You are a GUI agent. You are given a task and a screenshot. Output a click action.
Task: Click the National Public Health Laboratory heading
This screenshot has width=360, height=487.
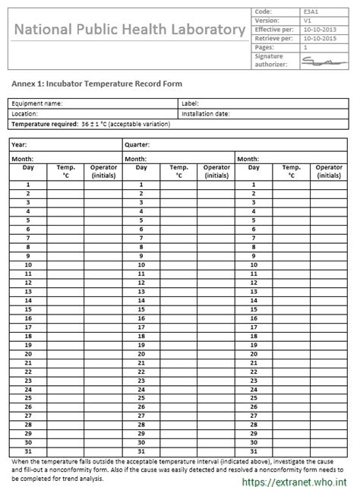(x=128, y=30)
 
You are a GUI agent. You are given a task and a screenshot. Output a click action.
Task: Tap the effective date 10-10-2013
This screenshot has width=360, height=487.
(x=320, y=29)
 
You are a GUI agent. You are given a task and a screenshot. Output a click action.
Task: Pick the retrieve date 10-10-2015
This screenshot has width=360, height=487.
(x=320, y=38)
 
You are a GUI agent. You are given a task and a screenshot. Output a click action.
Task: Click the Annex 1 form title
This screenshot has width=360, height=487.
(x=97, y=84)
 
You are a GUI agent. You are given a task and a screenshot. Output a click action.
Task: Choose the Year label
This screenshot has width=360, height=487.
(x=21, y=143)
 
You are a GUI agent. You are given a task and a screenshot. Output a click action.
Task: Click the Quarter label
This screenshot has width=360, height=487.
(x=137, y=143)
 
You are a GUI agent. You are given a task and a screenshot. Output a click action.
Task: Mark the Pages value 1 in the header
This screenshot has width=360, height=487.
(x=305, y=47)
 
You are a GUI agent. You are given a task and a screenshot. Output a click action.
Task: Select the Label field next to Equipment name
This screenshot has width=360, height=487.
(x=190, y=103)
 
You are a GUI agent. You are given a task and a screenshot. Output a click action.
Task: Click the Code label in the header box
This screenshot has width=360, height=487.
(x=263, y=12)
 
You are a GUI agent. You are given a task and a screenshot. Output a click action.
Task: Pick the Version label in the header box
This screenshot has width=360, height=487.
(x=266, y=21)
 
